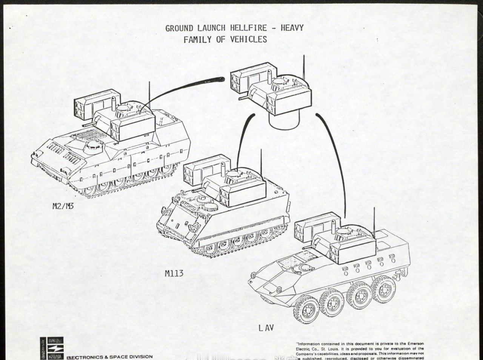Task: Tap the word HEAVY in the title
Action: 292,28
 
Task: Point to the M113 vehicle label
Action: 174,273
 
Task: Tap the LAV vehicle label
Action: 266,328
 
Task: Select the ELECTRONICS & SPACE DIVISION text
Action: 110,357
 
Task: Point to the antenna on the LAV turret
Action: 374,223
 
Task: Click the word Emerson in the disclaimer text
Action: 414,344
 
